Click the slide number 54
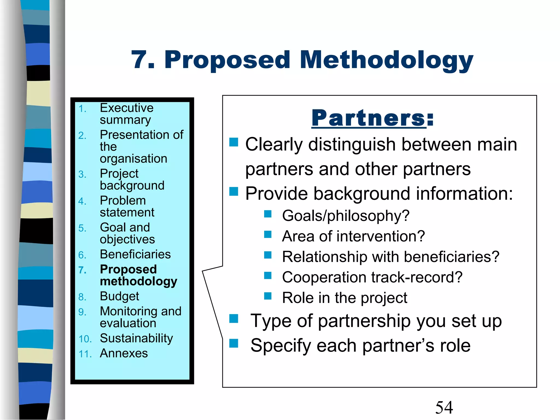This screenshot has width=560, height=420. [x=444, y=407]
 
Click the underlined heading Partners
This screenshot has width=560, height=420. [x=368, y=118]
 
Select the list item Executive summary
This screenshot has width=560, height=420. [x=126, y=114]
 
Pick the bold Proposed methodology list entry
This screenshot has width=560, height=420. [x=138, y=275]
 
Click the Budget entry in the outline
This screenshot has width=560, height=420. [x=119, y=296]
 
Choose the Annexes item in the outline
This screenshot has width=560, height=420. [x=124, y=353]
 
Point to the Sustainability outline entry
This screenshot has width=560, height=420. [x=136, y=338]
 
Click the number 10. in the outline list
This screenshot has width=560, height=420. [x=85, y=339]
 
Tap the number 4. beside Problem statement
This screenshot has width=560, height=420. [x=82, y=201]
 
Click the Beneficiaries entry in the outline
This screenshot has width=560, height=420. [x=135, y=254]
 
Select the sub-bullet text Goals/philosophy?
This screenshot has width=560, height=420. [x=346, y=215]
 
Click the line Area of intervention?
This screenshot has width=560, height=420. [x=353, y=236]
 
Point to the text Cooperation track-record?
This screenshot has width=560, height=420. [x=372, y=277]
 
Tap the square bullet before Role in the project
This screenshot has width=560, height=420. [x=268, y=296]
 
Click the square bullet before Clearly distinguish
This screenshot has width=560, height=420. [x=234, y=142]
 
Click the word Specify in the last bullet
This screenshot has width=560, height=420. [x=281, y=346]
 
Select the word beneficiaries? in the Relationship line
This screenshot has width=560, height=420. [x=451, y=257]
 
